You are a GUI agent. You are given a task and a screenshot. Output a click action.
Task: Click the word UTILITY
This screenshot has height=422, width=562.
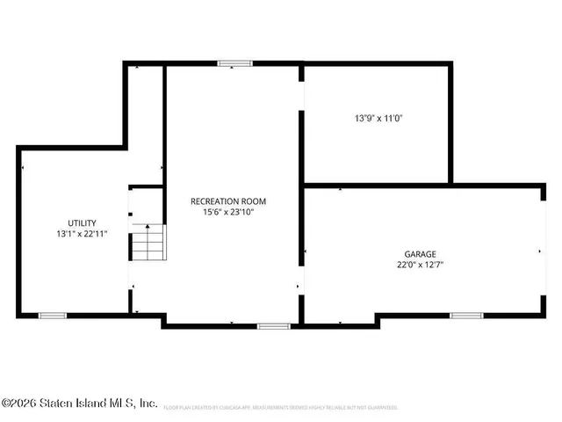coord(82,222)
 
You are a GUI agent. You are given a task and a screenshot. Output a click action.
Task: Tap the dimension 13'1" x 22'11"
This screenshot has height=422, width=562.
coord(82,234)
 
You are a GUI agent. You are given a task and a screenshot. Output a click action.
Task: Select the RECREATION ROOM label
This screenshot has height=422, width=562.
coord(227,201)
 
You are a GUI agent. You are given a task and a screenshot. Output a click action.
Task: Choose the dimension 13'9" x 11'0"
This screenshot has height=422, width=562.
coord(378,117)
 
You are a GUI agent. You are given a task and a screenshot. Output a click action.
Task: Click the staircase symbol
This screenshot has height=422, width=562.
coord(148,242)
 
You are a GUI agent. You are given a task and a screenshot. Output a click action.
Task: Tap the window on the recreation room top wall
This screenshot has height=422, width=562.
coord(234,63)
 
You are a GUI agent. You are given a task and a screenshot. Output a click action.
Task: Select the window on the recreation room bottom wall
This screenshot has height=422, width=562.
coord(273,326)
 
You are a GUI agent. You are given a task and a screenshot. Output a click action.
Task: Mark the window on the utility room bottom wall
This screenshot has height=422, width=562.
coord(53,315)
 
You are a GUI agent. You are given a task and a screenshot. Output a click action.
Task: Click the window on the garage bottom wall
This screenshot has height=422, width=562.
coord(465,315)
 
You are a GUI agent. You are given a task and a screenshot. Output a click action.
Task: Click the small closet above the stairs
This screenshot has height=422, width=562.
coord(146,204)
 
